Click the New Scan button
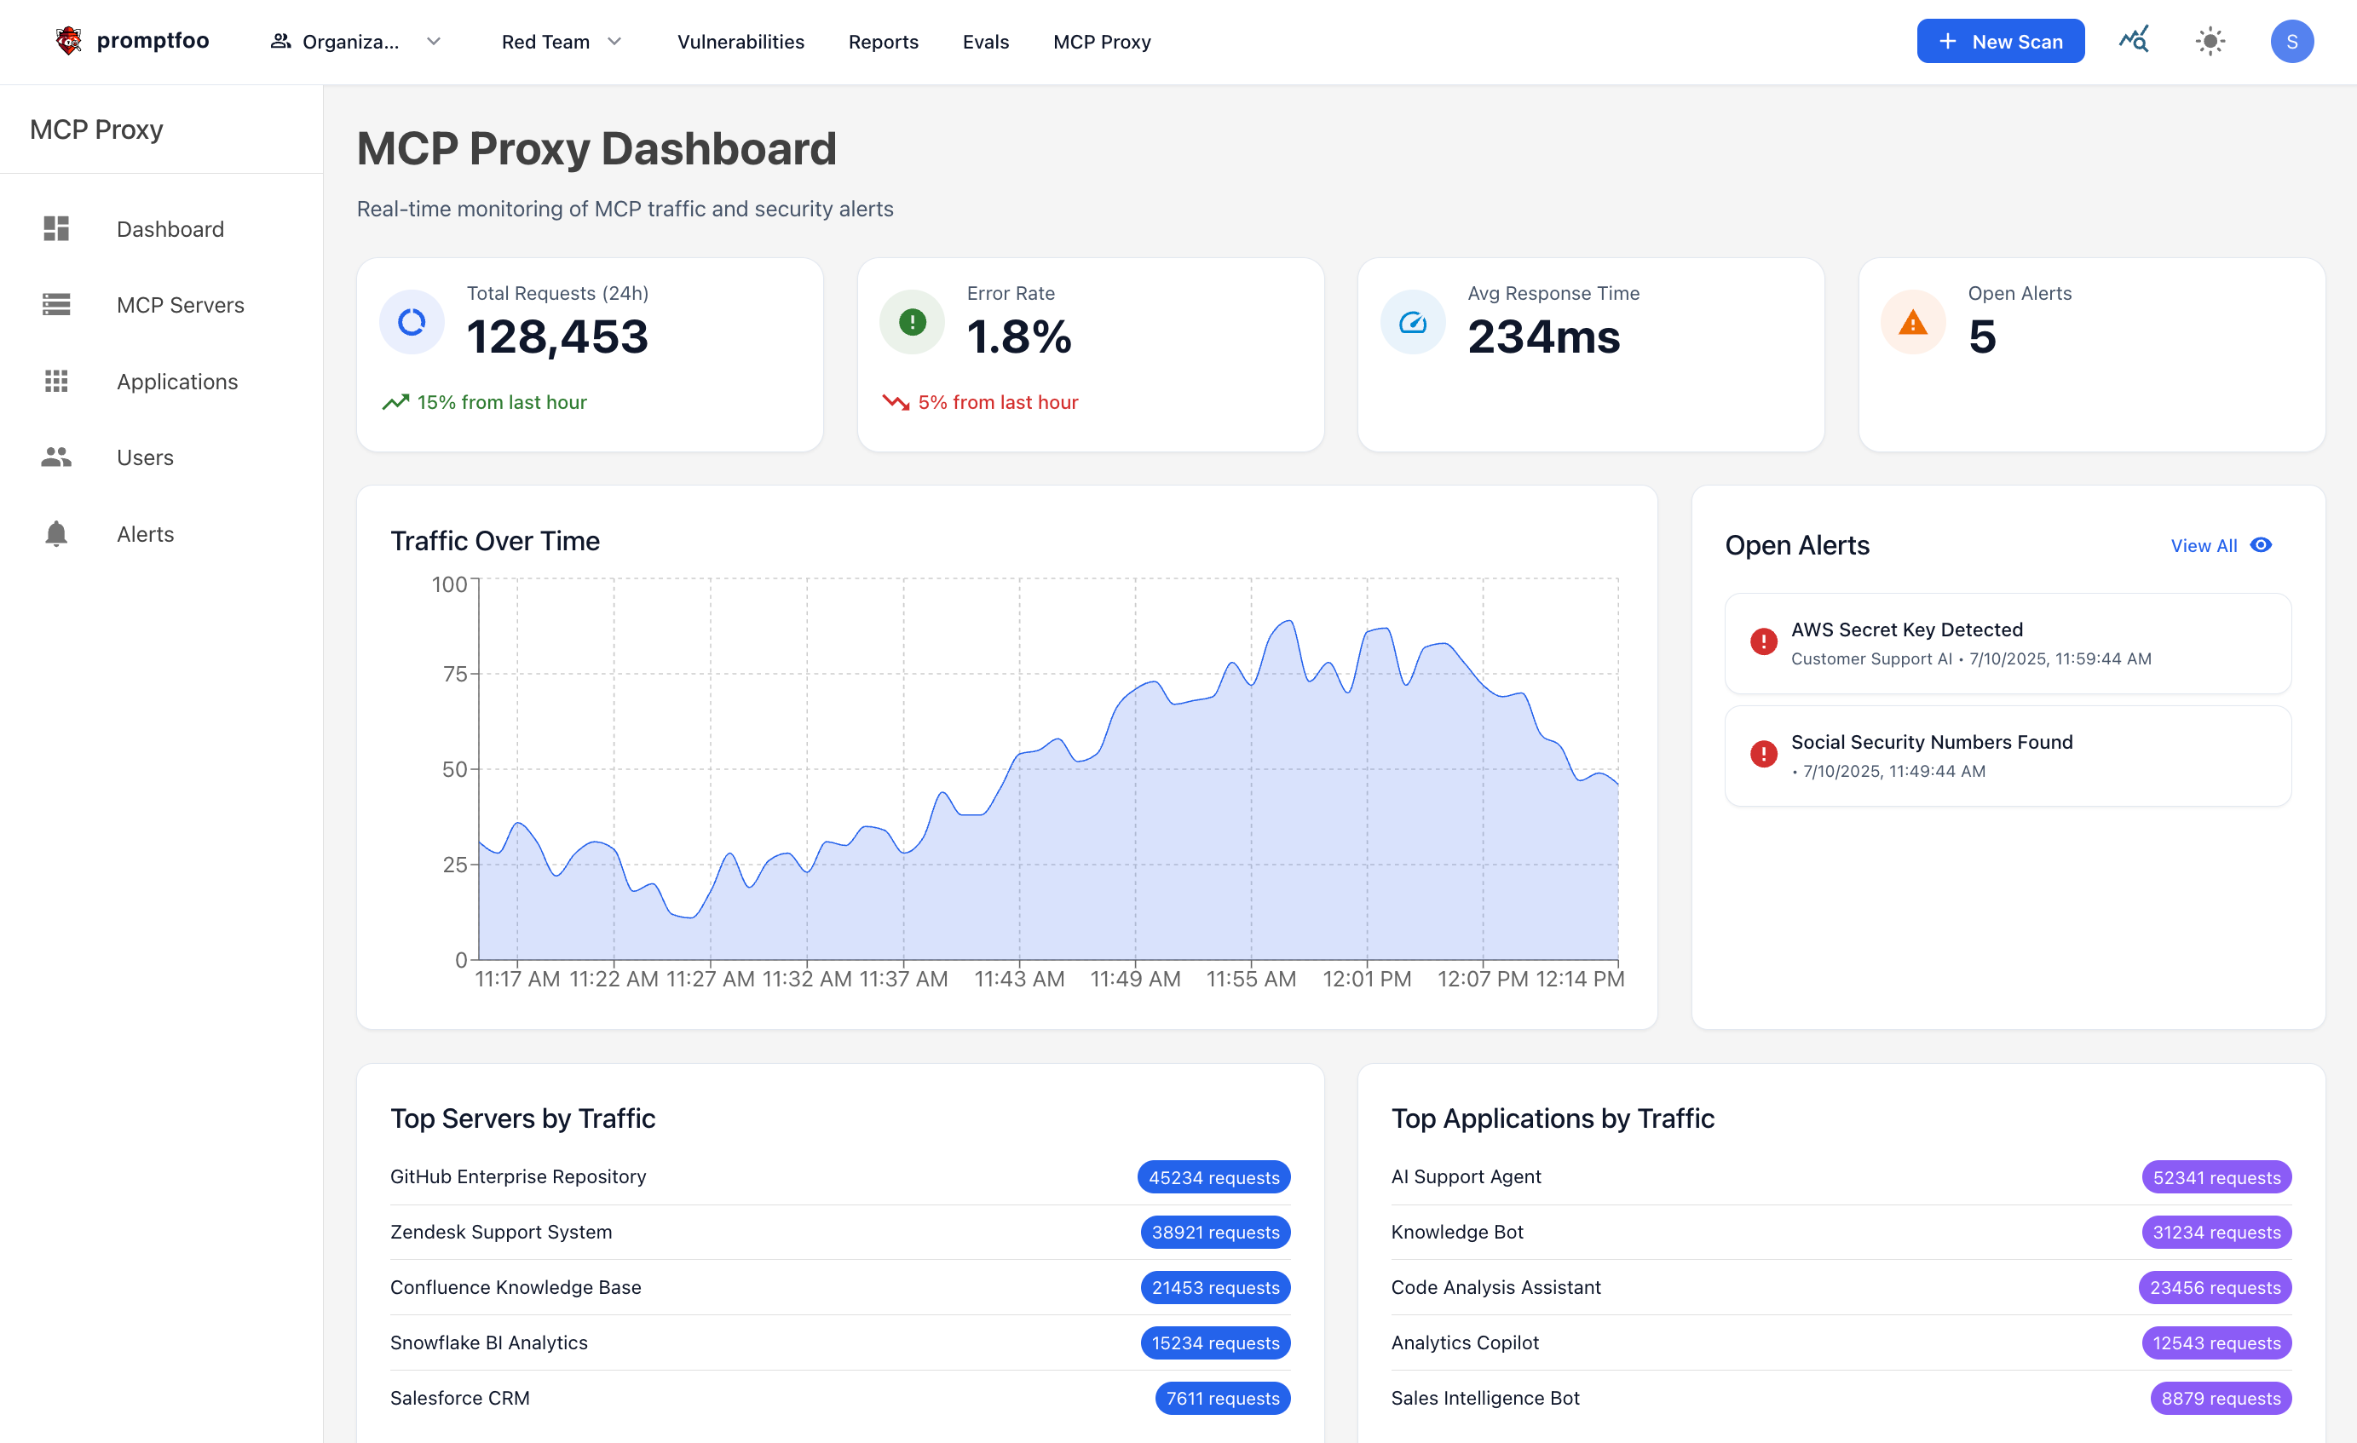click(x=1999, y=41)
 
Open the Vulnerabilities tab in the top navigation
click(x=741, y=42)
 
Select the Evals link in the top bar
click(x=985, y=42)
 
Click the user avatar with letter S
click(x=2291, y=41)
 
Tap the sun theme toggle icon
click(x=2210, y=41)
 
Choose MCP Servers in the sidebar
click(x=180, y=305)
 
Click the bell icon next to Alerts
click(x=56, y=533)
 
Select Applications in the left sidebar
click(x=177, y=382)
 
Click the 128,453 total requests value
click(x=556, y=336)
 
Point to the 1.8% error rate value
click(x=1019, y=336)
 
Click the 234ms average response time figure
click(x=1543, y=336)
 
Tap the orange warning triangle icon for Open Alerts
click(x=1912, y=322)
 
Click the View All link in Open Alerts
click(x=2203, y=545)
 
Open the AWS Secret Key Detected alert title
click(x=1905, y=630)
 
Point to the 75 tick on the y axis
click(x=454, y=674)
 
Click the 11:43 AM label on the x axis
click(x=1019, y=978)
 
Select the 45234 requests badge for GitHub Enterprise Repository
click(x=1213, y=1177)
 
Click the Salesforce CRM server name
click(x=459, y=1397)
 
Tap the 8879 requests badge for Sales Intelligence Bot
click(x=2219, y=1398)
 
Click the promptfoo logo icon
click(x=68, y=40)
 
